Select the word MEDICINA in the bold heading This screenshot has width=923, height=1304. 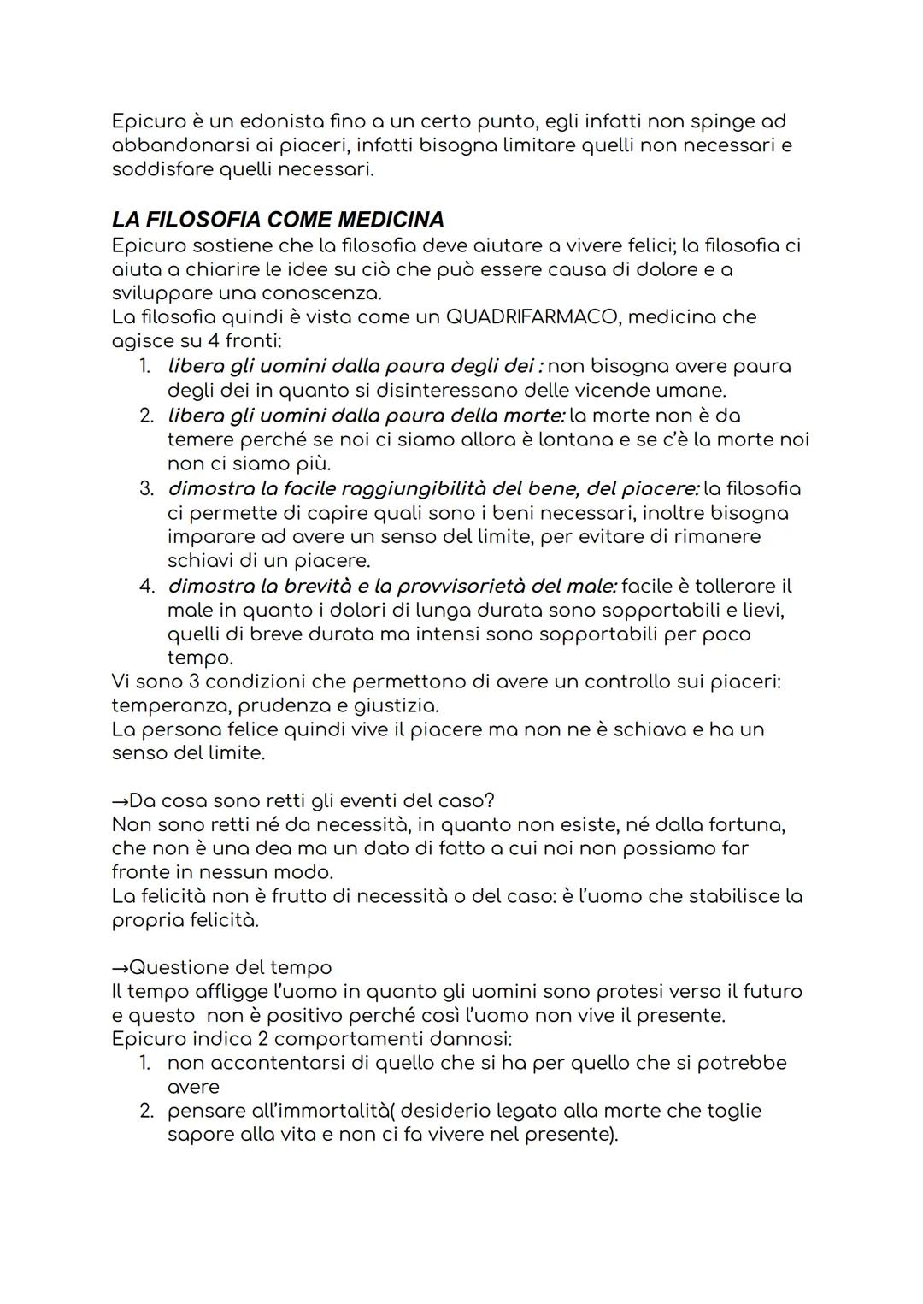click(x=391, y=220)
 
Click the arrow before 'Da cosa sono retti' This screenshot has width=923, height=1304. click(x=120, y=801)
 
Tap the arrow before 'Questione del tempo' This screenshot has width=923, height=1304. click(x=120, y=967)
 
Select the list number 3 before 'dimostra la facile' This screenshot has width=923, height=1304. click(x=146, y=489)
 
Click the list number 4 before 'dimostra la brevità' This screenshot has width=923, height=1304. click(x=146, y=587)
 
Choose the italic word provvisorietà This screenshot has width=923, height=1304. click(x=453, y=587)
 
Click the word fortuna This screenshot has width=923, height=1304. click(x=747, y=825)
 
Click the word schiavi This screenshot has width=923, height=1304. click(x=200, y=562)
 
